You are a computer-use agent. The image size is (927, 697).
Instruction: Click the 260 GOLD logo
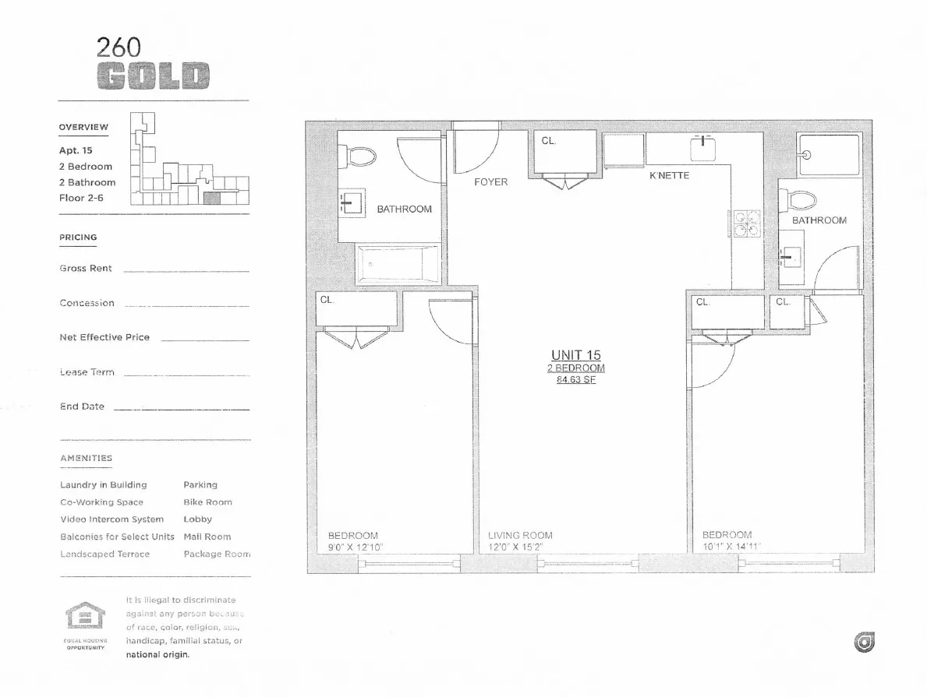tap(153, 63)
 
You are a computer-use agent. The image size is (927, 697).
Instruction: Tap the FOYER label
tap(490, 182)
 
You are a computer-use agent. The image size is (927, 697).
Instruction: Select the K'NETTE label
tap(669, 176)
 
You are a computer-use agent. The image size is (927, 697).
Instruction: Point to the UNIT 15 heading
tap(576, 355)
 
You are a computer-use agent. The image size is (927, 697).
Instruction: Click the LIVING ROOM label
tap(520, 536)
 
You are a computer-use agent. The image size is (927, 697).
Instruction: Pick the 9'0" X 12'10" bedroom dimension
tap(356, 547)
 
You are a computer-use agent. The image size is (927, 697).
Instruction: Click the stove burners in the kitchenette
tap(744, 223)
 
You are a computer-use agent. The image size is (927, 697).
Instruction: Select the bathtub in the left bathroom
tap(398, 264)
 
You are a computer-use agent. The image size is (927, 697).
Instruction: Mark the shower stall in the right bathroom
tap(828, 153)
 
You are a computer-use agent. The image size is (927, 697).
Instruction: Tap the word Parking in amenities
tap(200, 485)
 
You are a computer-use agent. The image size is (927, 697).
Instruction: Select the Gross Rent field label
tap(86, 269)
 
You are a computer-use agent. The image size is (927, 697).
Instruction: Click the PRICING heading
tap(78, 238)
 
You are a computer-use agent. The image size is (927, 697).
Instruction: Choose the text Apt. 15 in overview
tap(76, 151)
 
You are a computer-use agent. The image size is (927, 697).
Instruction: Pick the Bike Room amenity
tap(207, 502)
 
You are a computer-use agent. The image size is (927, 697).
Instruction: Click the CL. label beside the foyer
tap(549, 141)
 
